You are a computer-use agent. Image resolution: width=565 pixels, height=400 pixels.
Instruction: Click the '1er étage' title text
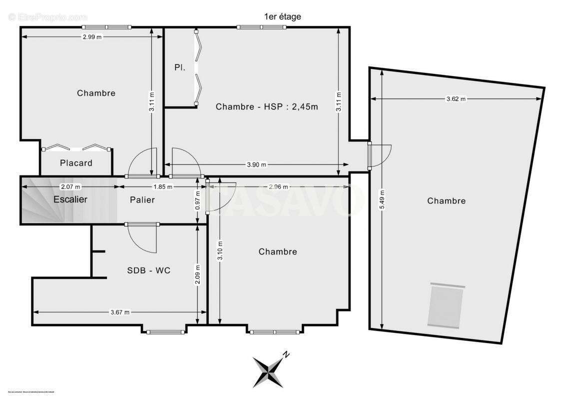(x=282, y=16)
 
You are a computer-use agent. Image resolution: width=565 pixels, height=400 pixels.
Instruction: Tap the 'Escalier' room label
(x=70, y=199)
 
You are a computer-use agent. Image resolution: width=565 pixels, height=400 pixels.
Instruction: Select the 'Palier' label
(x=142, y=200)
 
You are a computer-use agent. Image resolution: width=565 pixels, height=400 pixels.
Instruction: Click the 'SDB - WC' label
(x=148, y=270)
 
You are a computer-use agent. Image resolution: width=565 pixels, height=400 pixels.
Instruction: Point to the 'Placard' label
(x=76, y=163)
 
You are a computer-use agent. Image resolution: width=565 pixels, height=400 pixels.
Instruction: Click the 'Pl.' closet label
(x=180, y=67)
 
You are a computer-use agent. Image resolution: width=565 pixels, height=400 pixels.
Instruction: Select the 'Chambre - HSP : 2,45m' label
(x=267, y=106)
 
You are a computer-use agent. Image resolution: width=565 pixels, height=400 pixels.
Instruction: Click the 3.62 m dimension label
(x=455, y=99)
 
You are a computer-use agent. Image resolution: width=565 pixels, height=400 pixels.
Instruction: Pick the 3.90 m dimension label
(x=256, y=164)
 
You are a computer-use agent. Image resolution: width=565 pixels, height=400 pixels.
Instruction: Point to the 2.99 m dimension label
(x=93, y=36)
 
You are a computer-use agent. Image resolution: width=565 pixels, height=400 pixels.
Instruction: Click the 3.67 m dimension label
(x=119, y=312)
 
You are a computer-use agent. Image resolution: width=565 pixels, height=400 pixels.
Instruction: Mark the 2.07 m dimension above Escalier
(x=70, y=186)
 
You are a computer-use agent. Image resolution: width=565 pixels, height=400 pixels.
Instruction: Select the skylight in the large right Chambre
(x=446, y=305)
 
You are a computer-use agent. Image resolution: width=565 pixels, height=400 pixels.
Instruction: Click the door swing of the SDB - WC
(x=144, y=237)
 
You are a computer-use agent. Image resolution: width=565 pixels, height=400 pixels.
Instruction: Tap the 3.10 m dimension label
(x=220, y=251)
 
